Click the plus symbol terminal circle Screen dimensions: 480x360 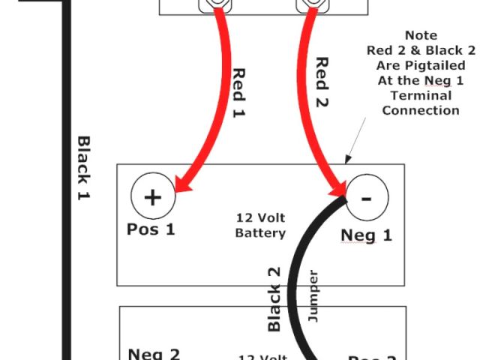(153, 197)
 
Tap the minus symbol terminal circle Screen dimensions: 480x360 (367, 198)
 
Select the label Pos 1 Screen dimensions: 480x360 (151, 229)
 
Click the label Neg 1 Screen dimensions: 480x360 (366, 235)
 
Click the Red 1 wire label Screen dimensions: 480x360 (239, 91)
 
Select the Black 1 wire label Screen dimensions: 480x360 (84, 168)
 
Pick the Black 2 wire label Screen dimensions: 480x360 (274, 298)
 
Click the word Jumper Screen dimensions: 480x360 (313, 297)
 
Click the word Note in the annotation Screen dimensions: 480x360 (420, 35)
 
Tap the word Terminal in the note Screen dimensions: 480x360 (420, 95)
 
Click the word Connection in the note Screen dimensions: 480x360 (420, 110)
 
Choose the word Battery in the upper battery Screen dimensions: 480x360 (260, 233)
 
